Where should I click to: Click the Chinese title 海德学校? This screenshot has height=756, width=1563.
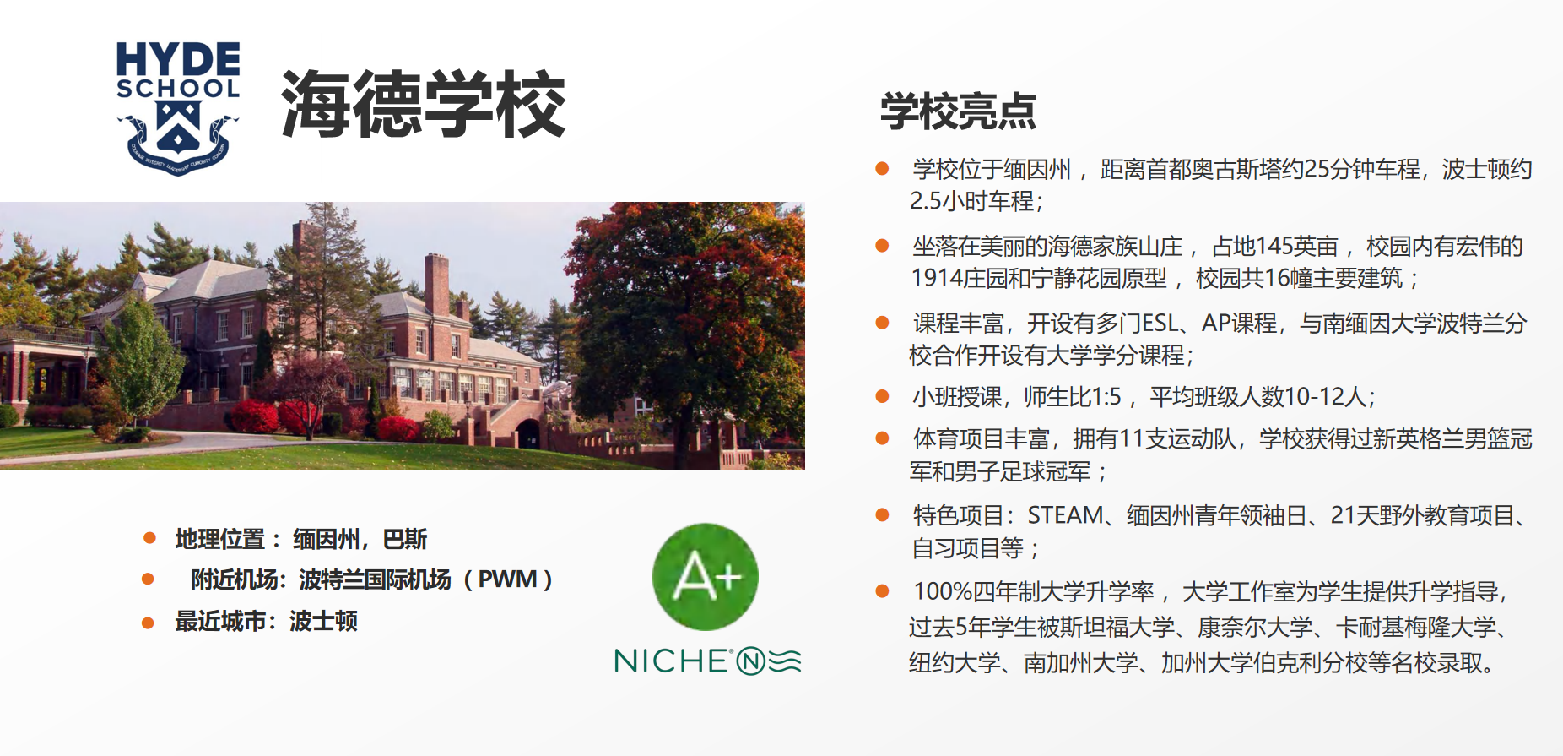click(x=423, y=104)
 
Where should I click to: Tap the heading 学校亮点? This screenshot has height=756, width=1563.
click(x=958, y=111)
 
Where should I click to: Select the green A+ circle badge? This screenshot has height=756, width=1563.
click(x=706, y=577)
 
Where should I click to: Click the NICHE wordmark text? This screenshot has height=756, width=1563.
click(x=672, y=661)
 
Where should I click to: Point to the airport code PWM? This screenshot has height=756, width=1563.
click(x=507, y=579)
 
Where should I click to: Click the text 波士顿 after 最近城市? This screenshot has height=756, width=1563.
click(x=323, y=622)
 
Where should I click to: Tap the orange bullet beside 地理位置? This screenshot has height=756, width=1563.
click(x=149, y=538)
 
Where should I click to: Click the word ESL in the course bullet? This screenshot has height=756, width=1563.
click(x=1160, y=324)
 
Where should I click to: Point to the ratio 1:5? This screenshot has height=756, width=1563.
click(x=1106, y=397)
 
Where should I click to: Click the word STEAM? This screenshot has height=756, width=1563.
click(x=1066, y=515)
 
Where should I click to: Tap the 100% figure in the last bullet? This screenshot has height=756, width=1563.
click(x=943, y=591)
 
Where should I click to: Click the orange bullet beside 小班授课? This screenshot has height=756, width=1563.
click(x=882, y=396)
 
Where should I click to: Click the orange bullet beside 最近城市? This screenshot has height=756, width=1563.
click(x=148, y=623)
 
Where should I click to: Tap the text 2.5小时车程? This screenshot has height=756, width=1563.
click(x=972, y=201)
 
